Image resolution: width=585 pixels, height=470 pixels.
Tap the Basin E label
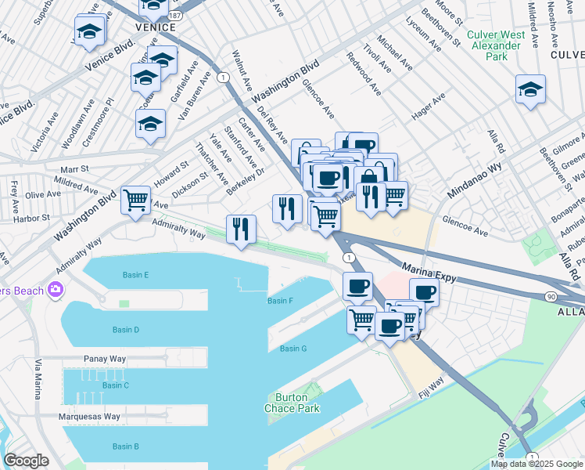pyautogui.click(x=135, y=275)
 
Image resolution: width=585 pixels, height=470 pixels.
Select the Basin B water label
pyautogui.click(x=125, y=446)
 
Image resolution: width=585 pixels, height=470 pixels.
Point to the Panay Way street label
pyautogui.click(x=105, y=359)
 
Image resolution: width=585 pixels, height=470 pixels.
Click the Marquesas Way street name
pyautogui.click(x=89, y=417)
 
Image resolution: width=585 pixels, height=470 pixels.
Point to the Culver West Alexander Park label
pyautogui.click(x=493, y=40)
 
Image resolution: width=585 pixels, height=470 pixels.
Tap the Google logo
pyautogui.click(x=26, y=461)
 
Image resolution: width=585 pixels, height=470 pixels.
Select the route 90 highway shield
pyautogui.click(x=551, y=296)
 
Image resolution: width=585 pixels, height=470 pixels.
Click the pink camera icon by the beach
pyautogui.click(x=56, y=290)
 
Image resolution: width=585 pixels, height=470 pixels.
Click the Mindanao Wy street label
pyautogui.click(x=474, y=181)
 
